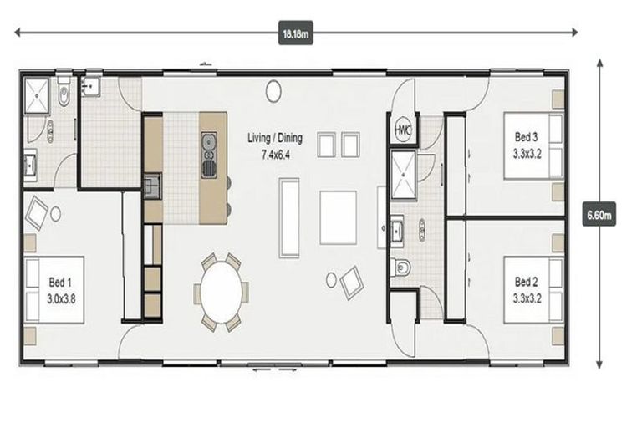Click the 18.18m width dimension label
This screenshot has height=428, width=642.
[296, 33]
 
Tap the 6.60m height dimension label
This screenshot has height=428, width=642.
[599, 214]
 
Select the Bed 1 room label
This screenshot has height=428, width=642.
[60, 283]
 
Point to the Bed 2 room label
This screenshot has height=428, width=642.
[526, 282]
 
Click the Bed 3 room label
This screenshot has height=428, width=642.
[526, 137]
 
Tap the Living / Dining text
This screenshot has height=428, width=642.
[275, 138]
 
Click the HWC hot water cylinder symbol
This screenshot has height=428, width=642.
[404, 129]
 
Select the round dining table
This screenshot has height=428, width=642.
[221, 292]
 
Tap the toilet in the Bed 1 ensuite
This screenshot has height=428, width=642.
[64, 91]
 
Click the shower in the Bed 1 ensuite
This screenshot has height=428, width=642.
[37, 95]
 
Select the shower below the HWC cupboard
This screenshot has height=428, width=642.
[404, 175]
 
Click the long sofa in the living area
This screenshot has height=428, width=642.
[289, 217]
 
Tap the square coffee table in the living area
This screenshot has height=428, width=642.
[339, 217]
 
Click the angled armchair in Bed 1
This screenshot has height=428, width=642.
[37, 213]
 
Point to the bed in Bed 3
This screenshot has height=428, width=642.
[533, 145]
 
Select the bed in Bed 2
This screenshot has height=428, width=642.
[533, 290]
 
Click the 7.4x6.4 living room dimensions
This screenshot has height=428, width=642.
[276, 155]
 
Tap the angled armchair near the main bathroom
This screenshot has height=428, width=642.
[352, 283]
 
